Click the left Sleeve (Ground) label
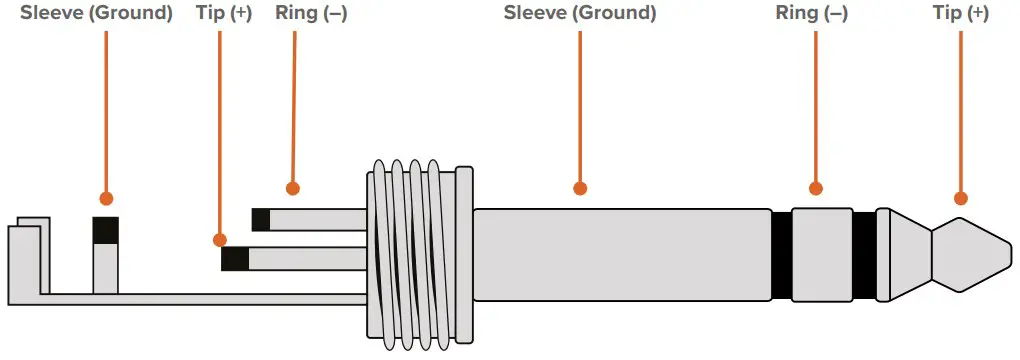point(96,14)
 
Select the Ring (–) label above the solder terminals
point(311,14)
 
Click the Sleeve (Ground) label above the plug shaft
point(580,14)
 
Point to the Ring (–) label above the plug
point(811,14)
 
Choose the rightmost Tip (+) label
point(960,14)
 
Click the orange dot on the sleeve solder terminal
point(105,199)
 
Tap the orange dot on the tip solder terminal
point(220,240)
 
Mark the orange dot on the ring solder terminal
point(292,187)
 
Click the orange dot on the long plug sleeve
point(580,188)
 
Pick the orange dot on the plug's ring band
point(815,188)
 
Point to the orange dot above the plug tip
point(961,198)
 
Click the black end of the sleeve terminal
point(105,230)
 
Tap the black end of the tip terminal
point(235,260)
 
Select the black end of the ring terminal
point(261,219)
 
